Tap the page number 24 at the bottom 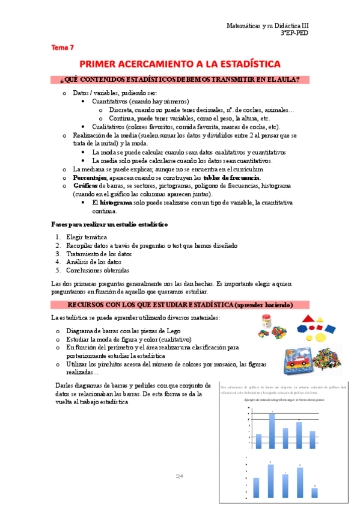point(179,476)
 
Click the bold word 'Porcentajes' point(90,178)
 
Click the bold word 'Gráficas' point(85,186)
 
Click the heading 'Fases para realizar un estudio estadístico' point(109,224)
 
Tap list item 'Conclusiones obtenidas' point(97,270)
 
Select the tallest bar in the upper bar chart point(272,428)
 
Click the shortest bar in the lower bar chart point(315,493)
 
